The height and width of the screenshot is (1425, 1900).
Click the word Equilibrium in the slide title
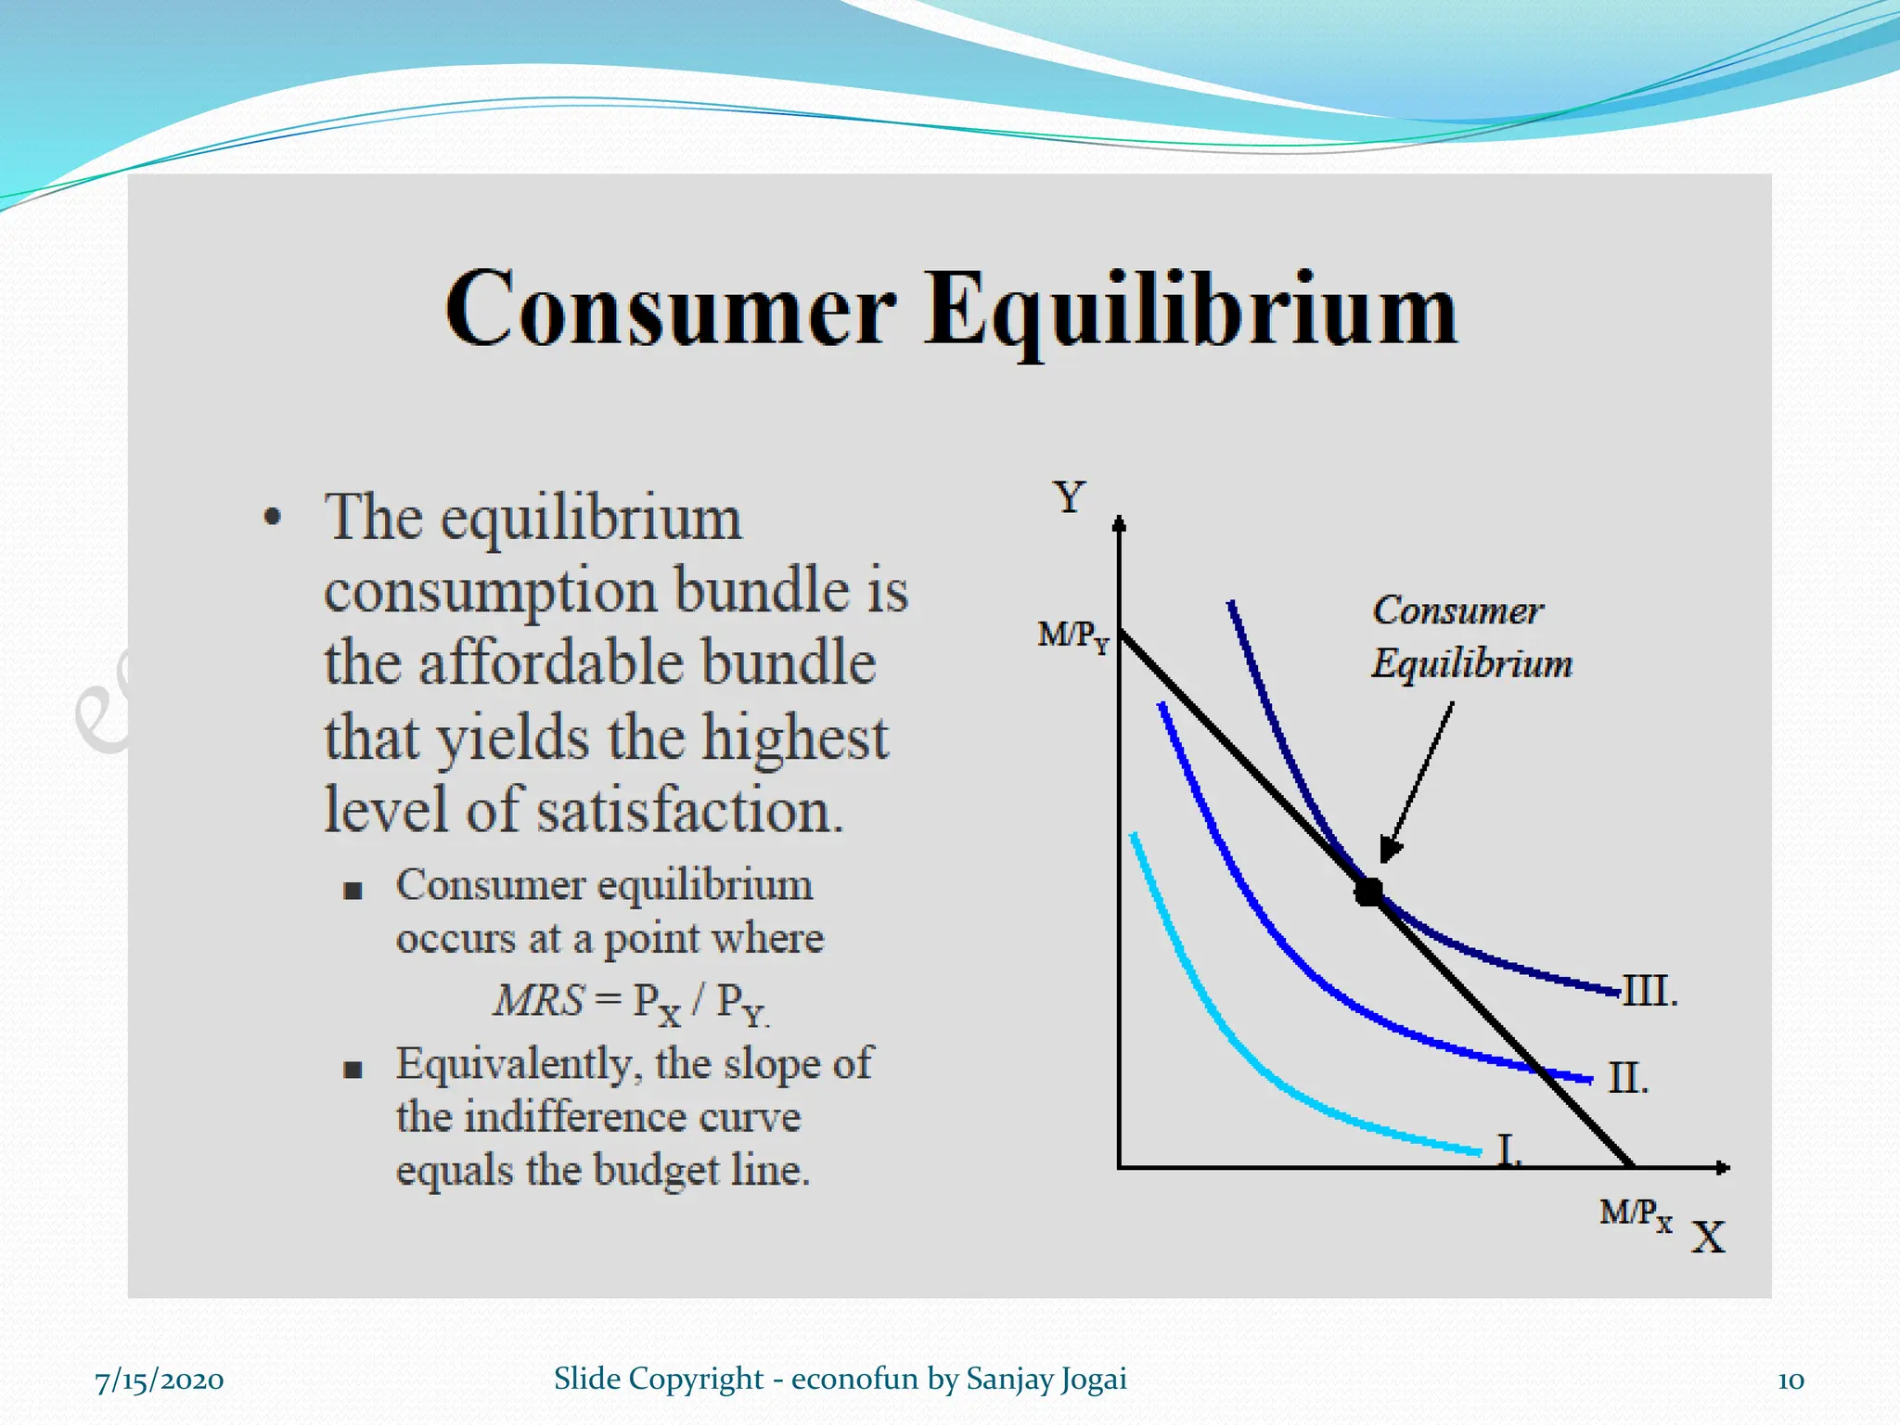[1190, 311]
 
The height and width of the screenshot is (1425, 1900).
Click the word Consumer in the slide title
[670, 311]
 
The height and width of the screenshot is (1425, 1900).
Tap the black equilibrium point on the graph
[1368, 892]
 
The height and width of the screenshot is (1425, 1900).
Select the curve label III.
[1650, 992]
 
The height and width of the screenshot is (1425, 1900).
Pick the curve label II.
[1627, 1079]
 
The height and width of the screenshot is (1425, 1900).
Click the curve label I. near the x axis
[1509, 1151]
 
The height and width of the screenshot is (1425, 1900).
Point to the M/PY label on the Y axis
[1072, 636]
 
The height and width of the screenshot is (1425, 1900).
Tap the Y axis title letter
[1069, 497]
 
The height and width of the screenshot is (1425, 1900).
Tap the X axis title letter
[1707, 1238]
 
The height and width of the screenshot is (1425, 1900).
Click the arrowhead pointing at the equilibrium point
[1391, 848]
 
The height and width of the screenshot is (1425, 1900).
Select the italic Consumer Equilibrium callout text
[1470, 636]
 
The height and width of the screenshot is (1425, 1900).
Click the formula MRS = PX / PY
[631, 1003]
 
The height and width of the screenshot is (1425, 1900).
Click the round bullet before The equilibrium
[272, 518]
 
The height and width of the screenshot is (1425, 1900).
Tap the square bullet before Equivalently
[353, 1070]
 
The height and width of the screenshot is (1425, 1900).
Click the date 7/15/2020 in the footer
[159, 1380]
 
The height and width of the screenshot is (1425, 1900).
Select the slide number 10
[1790, 1380]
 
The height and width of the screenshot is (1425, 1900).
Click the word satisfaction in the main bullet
[689, 811]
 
